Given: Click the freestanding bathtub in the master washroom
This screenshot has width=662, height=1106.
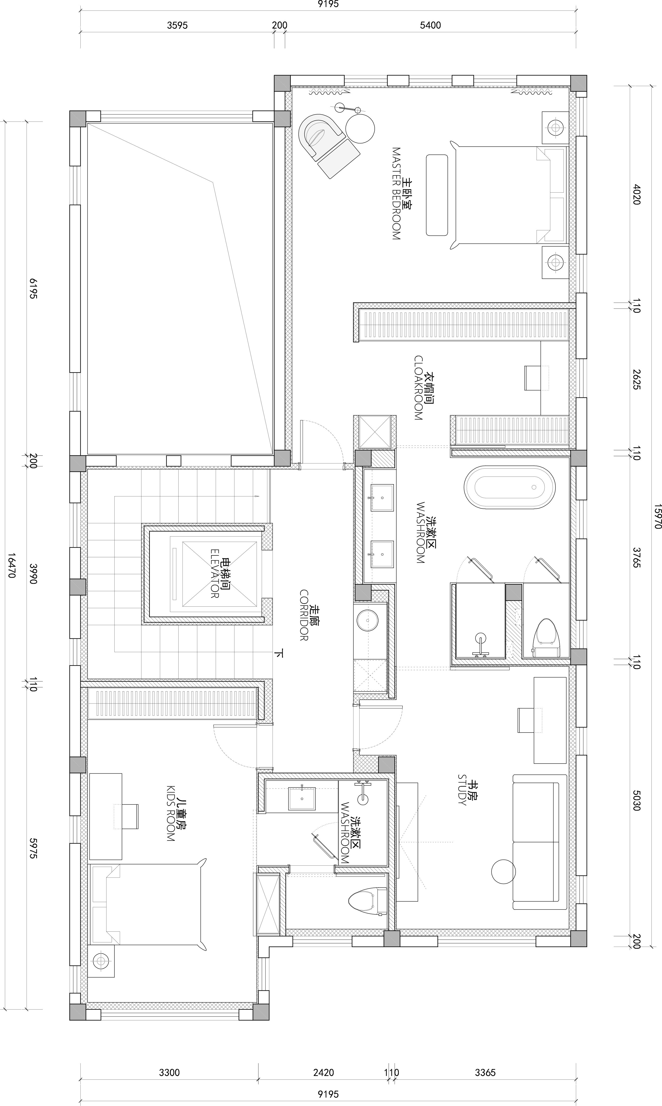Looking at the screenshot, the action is click(x=509, y=487).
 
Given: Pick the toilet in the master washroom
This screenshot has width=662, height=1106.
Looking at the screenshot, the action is click(x=546, y=637).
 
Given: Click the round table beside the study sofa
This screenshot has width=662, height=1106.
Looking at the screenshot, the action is click(x=504, y=871).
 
